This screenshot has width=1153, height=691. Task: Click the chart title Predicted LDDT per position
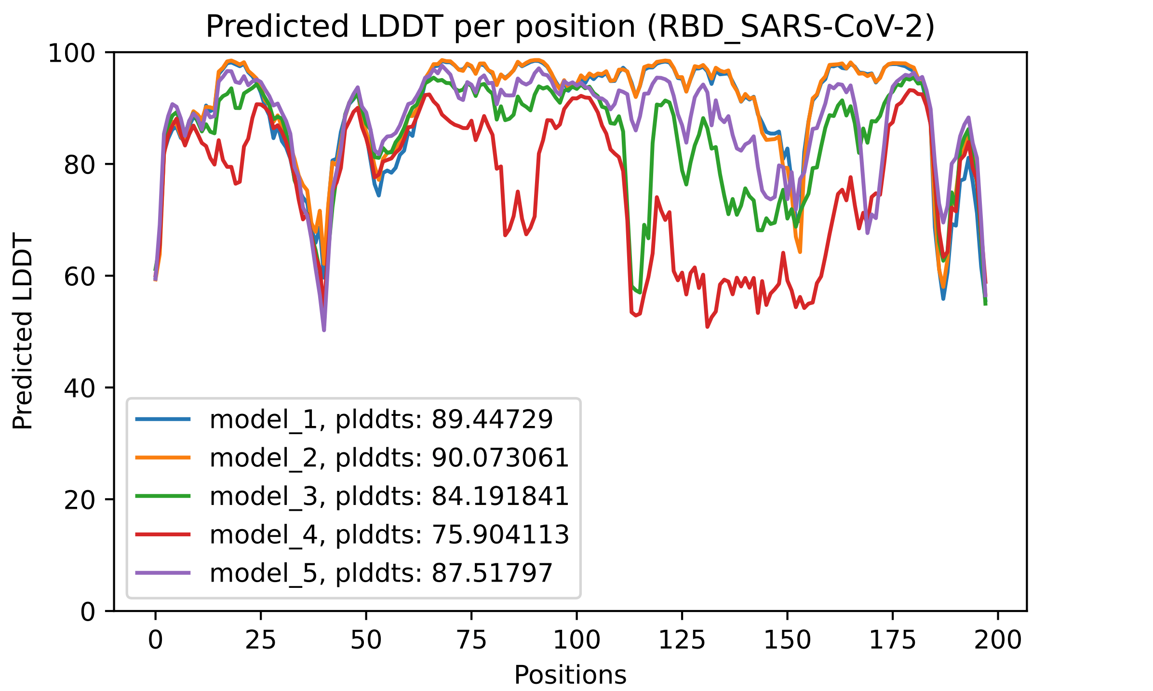tap(570, 27)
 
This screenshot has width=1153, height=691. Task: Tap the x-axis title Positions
tap(570, 675)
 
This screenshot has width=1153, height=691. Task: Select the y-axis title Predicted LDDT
tap(23, 331)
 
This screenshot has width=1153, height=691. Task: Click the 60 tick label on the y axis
tap(80, 276)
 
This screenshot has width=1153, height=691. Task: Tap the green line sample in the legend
tap(163, 496)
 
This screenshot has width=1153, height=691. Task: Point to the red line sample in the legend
tap(163, 534)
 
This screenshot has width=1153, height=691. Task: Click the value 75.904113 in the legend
tap(500, 534)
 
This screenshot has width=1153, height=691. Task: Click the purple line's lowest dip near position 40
tap(324, 330)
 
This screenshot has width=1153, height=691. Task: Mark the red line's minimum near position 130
tap(707, 327)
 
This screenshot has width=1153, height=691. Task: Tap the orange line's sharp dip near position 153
tap(800, 252)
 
